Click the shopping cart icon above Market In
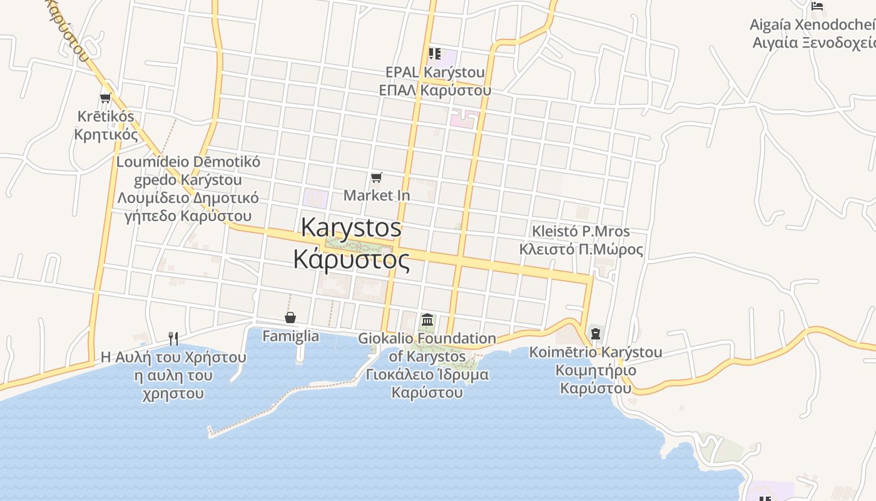376,178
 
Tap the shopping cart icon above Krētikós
105,98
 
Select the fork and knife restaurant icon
173,339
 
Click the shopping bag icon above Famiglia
290,318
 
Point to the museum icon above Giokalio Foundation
427,320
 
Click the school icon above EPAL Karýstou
434,54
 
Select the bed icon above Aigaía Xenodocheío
817,6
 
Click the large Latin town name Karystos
351,227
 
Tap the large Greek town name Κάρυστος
352,259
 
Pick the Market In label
377,195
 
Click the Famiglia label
290,336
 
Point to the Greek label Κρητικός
106,134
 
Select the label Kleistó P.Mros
581,232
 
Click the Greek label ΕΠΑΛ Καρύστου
435,90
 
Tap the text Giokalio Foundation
427,339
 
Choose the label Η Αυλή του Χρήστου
173,358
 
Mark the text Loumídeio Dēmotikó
188,162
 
